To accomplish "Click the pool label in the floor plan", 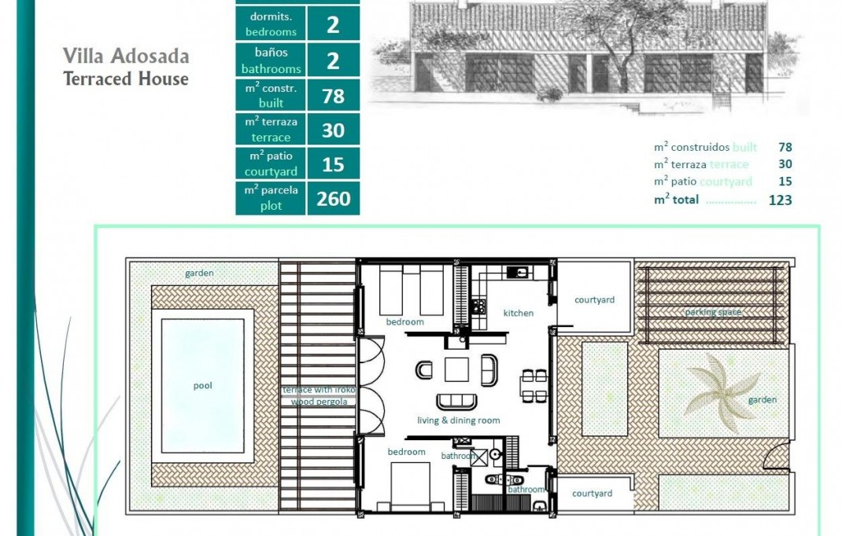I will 203,386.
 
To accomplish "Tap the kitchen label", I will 519,313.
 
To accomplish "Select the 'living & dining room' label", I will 458,420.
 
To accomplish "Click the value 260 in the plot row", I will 333,199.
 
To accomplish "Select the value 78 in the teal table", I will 333,96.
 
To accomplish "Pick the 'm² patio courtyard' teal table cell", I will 271,164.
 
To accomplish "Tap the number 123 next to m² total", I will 780,200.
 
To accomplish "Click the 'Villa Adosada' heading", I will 126,57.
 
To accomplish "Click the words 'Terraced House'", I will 126,79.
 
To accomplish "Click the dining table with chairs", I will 534,386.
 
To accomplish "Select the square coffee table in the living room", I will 457,369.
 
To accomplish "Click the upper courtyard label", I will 594,299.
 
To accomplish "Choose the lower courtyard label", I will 592,494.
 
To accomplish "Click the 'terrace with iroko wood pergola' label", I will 319,395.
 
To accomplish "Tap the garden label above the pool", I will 200,274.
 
